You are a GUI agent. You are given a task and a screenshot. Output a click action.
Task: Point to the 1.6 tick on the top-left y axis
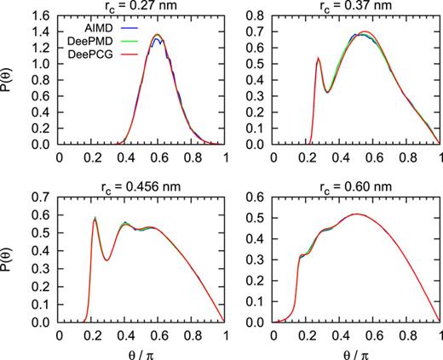[x=43, y=14]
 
